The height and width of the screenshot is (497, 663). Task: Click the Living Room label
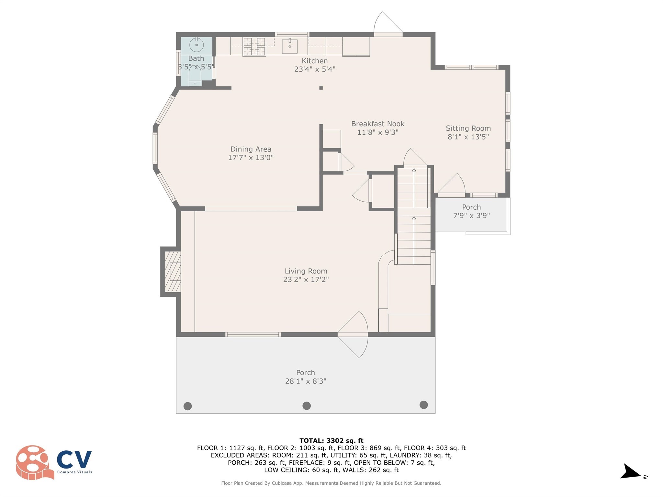coord(306,271)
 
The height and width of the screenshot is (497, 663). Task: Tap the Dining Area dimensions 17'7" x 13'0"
coord(251,158)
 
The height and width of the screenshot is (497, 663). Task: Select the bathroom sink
coord(197,45)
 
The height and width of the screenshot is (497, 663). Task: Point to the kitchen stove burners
coord(254,46)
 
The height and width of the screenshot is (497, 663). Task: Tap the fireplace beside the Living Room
coord(173,272)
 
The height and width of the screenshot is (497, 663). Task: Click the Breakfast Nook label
coord(378,124)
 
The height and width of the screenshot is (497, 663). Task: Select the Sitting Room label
coord(468,128)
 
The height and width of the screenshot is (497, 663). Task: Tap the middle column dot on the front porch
coord(307,405)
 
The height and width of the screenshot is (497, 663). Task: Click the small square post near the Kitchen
coord(321,88)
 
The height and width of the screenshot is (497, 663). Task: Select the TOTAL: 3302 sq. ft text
coord(331,440)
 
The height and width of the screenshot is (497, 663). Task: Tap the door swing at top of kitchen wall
coord(387,23)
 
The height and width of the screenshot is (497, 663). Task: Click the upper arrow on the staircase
coord(414,188)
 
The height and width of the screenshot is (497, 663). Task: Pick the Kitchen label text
coord(315,61)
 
